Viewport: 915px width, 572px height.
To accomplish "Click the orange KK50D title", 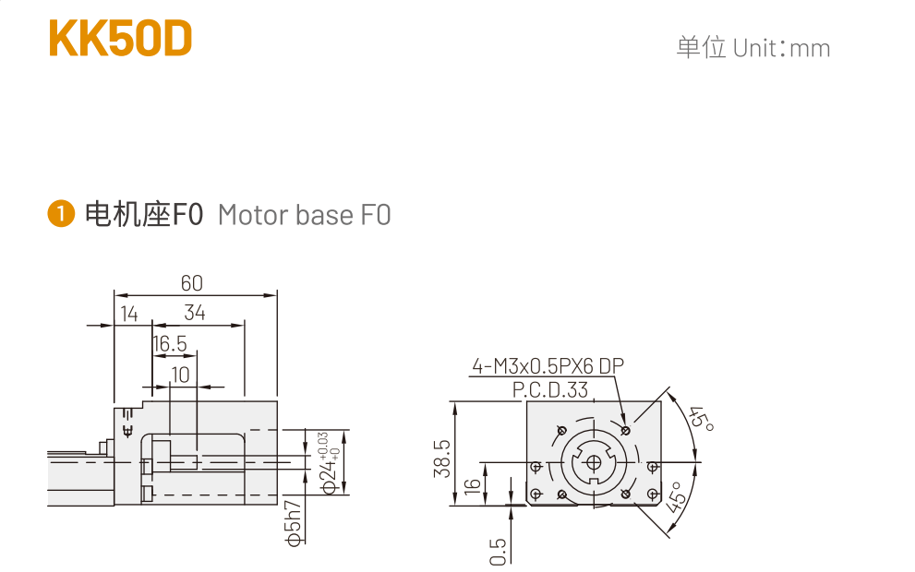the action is (120, 39).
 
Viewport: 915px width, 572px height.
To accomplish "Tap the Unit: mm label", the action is (781, 48).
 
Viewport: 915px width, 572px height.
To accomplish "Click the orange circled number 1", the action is (61, 213).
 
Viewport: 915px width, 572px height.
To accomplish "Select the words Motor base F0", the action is (304, 215).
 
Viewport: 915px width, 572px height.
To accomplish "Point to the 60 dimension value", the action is (191, 283).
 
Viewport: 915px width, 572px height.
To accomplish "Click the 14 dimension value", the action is (129, 314).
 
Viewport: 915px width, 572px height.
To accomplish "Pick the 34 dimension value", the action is (195, 313).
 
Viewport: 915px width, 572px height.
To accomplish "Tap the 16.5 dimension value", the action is (170, 343).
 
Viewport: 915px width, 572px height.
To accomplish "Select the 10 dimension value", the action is (180, 375).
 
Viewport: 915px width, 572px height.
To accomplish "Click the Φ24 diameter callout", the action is (331, 463).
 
